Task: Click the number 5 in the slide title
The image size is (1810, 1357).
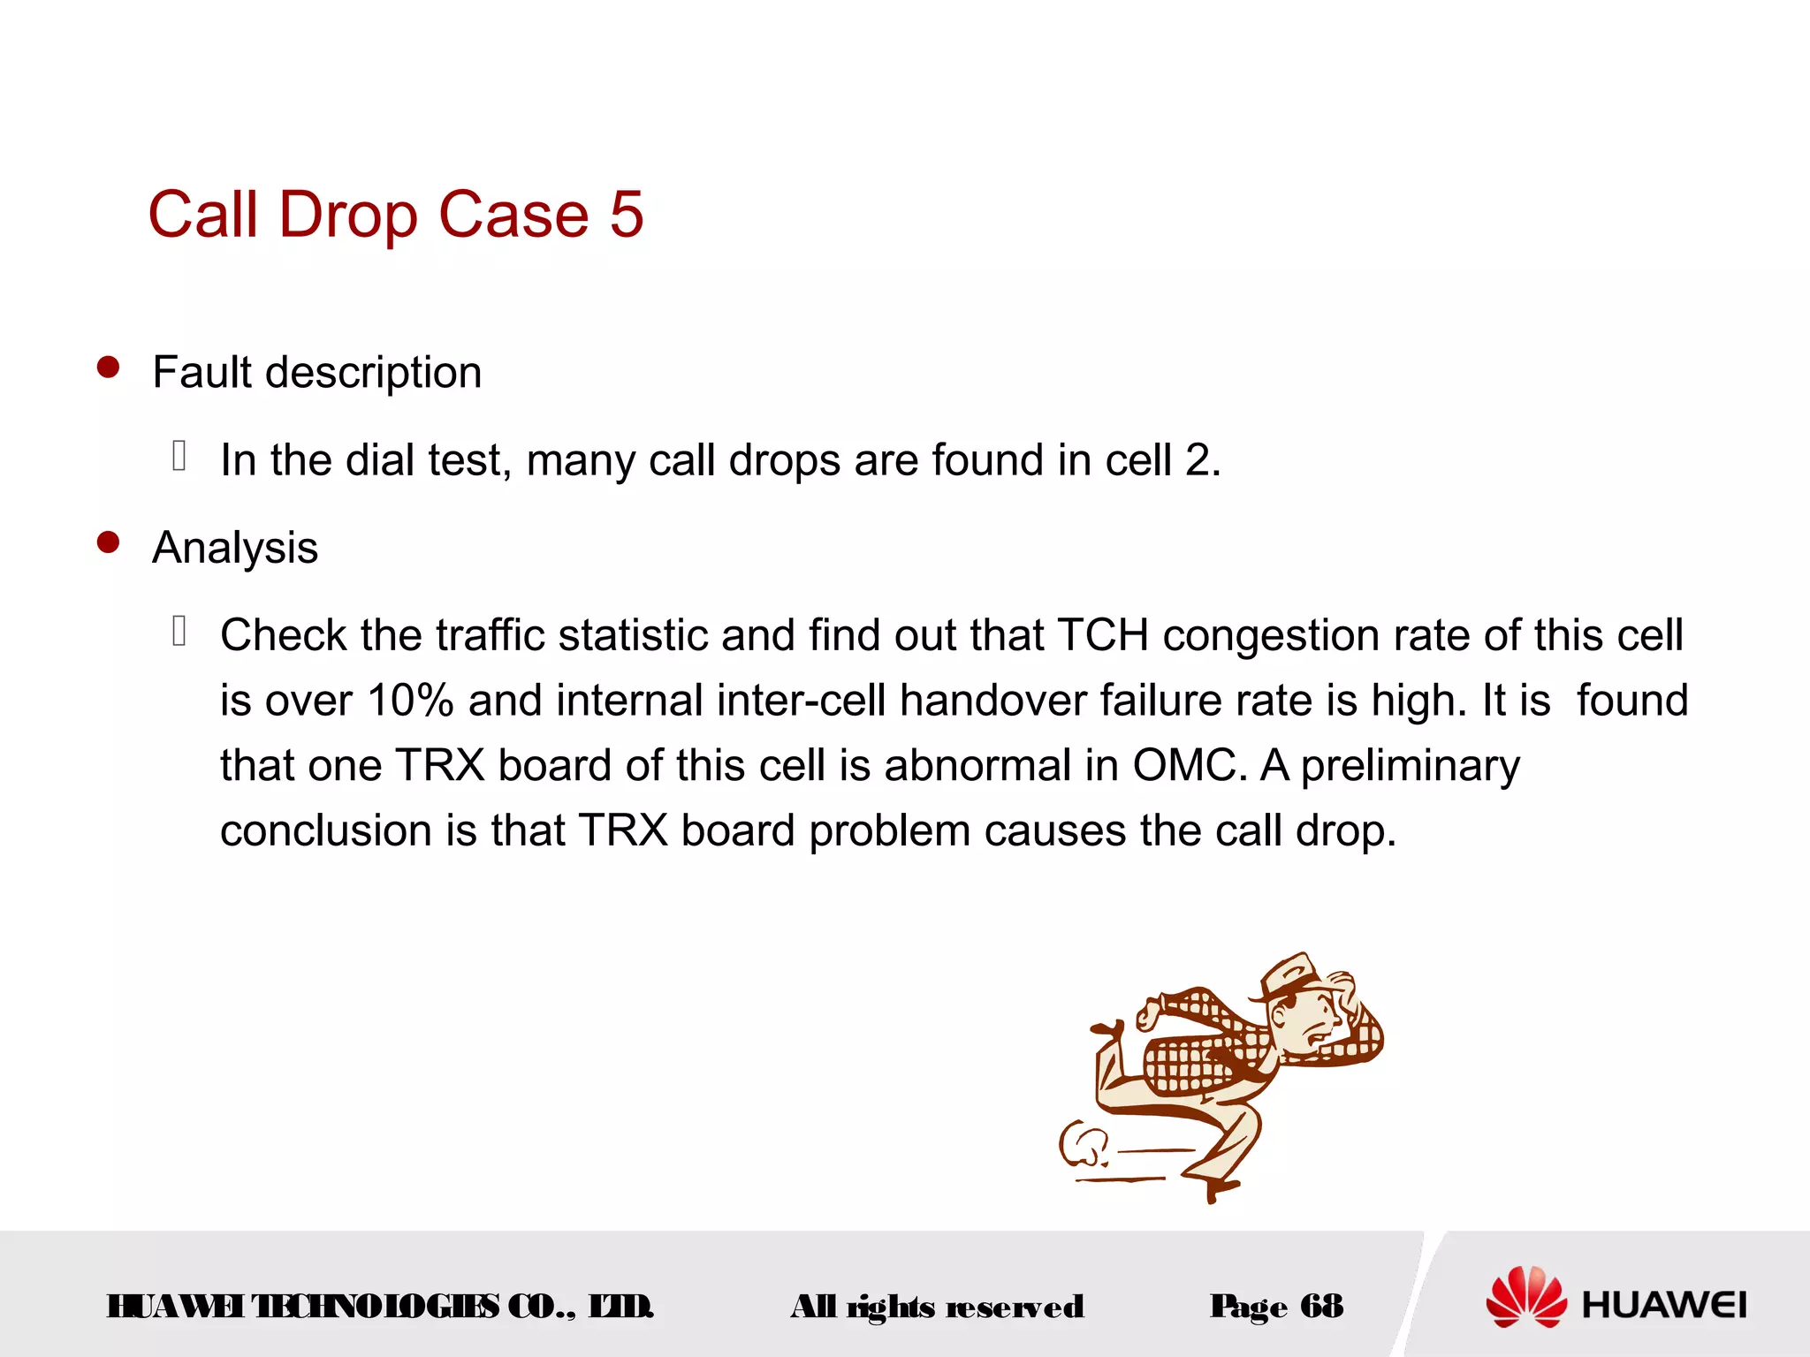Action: tap(626, 215)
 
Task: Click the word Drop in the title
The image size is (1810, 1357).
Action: tap(348, 215)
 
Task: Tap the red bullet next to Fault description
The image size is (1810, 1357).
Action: tap(108, 368)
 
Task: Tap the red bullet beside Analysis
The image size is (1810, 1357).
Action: tap(108, 542)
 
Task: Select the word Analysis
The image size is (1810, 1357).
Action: tap(235, 548)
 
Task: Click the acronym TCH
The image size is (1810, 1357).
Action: tap(1102, 635)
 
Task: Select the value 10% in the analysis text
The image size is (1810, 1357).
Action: tap(410, 701)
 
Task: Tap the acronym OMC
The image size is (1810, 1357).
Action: tap(1189, 765)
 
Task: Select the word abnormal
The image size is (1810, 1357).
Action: tap(977, 765)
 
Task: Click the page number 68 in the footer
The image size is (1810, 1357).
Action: tap(1321, 1305)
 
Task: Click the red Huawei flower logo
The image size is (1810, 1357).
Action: tap(1525, 1297)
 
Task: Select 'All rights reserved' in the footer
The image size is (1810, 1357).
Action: tap(937, 1306)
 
